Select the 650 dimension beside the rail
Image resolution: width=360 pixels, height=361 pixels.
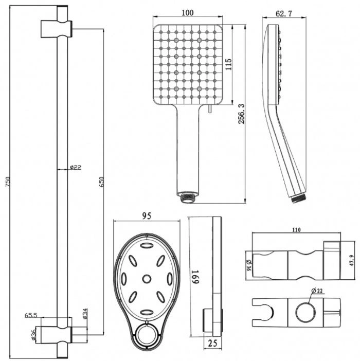(101, 182)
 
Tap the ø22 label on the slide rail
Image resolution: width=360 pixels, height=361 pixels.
(76, 167)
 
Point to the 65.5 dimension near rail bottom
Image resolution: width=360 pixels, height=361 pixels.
(31, 315)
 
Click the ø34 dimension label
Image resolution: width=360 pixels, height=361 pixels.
(85, 314)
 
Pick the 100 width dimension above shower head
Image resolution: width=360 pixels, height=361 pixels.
(188, 12)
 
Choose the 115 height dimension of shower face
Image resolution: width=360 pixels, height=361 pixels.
(228, 64)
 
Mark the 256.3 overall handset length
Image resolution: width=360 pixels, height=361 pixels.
(242, 114)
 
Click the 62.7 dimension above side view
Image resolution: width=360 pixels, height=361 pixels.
(283, 13)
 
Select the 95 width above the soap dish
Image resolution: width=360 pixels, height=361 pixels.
(147, 215)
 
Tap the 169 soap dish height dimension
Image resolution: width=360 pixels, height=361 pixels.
(195, 277)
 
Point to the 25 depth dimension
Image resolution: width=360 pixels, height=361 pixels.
(212, 343)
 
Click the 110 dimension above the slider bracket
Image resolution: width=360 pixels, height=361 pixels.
(296, 229)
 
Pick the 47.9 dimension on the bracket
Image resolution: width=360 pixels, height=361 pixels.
(351, 260)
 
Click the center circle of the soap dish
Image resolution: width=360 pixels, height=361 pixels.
(147, 279)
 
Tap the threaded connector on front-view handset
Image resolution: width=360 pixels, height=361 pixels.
(188, 197)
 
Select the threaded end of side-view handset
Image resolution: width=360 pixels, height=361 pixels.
(298, 198)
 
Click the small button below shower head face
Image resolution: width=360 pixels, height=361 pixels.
(210, 109)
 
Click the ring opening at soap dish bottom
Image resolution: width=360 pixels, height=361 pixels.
(147, 335)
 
